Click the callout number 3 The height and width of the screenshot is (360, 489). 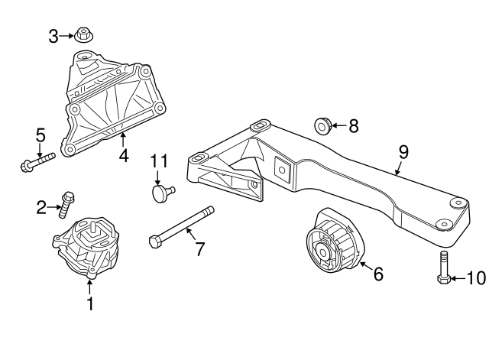click(x=53, y=35)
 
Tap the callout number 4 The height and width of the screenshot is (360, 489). click(x=123, y=157)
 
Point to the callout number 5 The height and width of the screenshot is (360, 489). click(x=40, y=136)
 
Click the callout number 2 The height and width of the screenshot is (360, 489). click(x=41, y=205)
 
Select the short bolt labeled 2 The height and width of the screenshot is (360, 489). click(x=66, y=203)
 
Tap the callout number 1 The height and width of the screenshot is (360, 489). click(x=89, y=304)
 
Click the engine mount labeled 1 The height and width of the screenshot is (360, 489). click(x=86, y=245)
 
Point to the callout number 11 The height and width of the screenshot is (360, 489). click(x=158, y=161)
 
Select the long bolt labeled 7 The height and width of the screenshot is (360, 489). click(x=181, y=227)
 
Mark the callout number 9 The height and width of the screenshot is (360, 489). click(x=403, y=152)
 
